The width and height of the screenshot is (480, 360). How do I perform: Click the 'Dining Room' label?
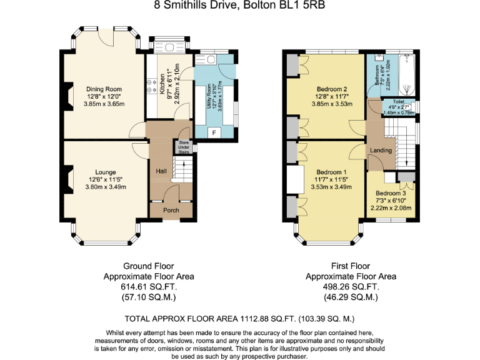(x=104, y=89)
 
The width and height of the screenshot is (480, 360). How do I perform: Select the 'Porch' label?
(x=171, y=211)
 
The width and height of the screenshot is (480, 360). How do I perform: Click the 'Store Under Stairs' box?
(x=184, y=147)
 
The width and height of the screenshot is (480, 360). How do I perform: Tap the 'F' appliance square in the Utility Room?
(x=214, y=132)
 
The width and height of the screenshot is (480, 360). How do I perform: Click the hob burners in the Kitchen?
(x=151, y=87)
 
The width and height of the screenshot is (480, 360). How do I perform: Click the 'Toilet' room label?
(x=398, y=101)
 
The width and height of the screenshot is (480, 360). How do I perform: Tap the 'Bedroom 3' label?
(x=391, y=193)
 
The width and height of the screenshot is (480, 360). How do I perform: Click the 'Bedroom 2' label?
(x=332, y=89)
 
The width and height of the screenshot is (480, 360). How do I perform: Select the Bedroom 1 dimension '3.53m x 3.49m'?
(x=331, y=186)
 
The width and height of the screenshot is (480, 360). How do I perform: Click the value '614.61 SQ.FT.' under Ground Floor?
(x=149, y=287)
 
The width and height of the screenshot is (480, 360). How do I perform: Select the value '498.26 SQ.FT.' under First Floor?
(x=351, y=287)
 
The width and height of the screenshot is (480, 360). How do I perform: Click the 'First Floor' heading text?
(x=351, y=266)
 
